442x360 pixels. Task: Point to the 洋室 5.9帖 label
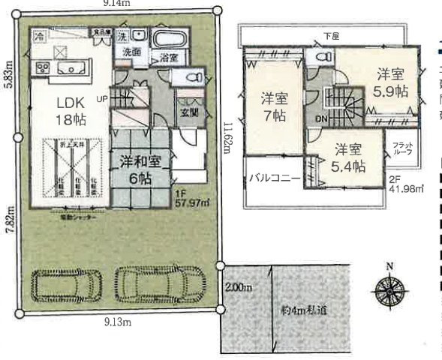coord(391,83)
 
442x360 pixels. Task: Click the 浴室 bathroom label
coord(168,58)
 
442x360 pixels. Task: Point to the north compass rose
coord(390,289)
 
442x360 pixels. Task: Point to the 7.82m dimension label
coord(8,223)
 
